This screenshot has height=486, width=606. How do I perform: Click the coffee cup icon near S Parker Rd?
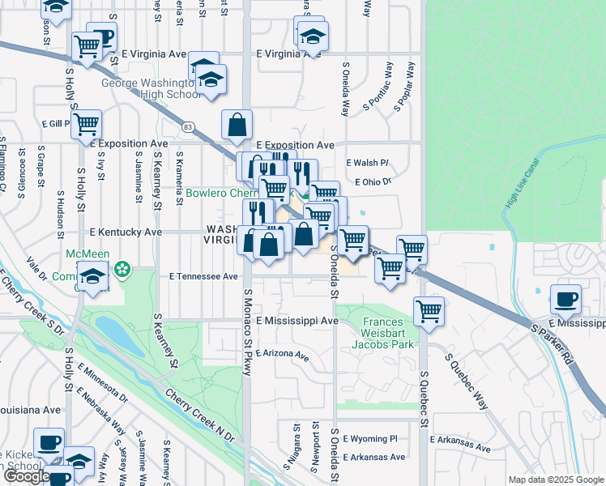tap(565, 300)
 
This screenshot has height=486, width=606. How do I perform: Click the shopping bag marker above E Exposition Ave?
tap(237, 126)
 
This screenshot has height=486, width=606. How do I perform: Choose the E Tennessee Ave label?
tap(203, 276)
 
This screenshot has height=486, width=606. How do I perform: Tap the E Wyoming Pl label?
tap(370, 438)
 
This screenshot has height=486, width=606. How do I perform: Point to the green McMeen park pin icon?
tap(123, 267)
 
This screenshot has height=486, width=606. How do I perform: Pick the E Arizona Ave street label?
tap(283, 355)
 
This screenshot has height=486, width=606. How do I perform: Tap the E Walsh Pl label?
tap(367, 163)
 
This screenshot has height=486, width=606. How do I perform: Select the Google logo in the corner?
tap(26, 476)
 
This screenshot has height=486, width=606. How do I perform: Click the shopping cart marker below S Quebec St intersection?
tap(428, 310)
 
